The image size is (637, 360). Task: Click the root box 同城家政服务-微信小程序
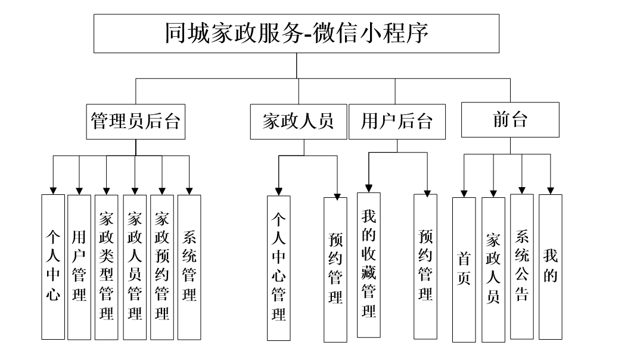click(297, 33)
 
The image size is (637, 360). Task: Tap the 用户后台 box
click(396, 122)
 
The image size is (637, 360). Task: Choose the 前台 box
click(511, 120)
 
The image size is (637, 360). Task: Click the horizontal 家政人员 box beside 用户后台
click(298, 122)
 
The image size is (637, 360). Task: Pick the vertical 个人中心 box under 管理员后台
click(53, 266)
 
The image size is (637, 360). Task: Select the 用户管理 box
click(79, 266)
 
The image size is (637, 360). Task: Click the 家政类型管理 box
click(107, 266)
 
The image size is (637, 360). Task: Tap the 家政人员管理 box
click(135, 266)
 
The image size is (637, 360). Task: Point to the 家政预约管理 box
click(161, 266)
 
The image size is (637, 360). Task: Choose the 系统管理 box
click(189, 266)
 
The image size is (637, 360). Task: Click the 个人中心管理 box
click(279, 268)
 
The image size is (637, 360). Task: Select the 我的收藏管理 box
click(369, 265)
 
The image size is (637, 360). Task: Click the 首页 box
click(464, 269)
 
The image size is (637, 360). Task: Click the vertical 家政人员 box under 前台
click(493, 269)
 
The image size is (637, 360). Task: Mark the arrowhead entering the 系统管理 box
click(189, 190)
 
